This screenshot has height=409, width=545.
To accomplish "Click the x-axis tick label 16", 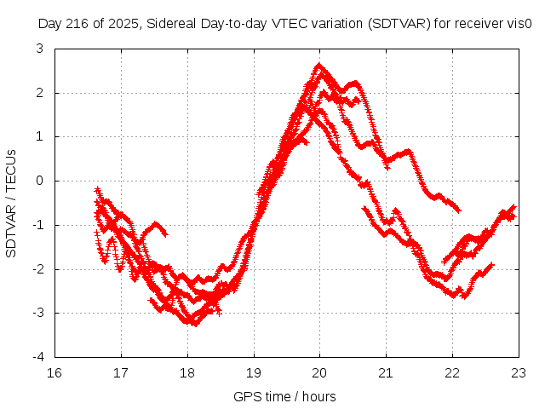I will tap(54, 372).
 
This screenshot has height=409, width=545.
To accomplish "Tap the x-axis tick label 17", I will tap(121, 372).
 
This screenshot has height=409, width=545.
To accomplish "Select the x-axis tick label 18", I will tap(187, 372).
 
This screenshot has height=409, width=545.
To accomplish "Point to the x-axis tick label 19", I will tap(254, 372).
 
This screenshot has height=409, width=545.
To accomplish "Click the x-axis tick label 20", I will tap(320, 372).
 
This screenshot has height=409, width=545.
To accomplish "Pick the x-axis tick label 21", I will tap(386, 372).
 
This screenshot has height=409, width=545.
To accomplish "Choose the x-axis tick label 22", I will tap(452, 372).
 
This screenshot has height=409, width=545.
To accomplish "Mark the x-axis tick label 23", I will tap(519, 372).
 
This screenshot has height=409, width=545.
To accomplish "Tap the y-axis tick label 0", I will tap(40, 181).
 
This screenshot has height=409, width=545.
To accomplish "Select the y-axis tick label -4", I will tap(37, 357).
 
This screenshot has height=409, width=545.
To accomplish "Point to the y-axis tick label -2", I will tap(37, 269).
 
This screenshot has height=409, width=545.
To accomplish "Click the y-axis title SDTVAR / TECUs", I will tap(11, 203).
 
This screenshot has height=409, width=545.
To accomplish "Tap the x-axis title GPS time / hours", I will tap(284, 396).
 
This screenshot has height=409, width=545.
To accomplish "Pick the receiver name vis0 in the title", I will tap(521, 25).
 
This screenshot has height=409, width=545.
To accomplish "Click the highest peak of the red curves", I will tap(319, 65).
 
